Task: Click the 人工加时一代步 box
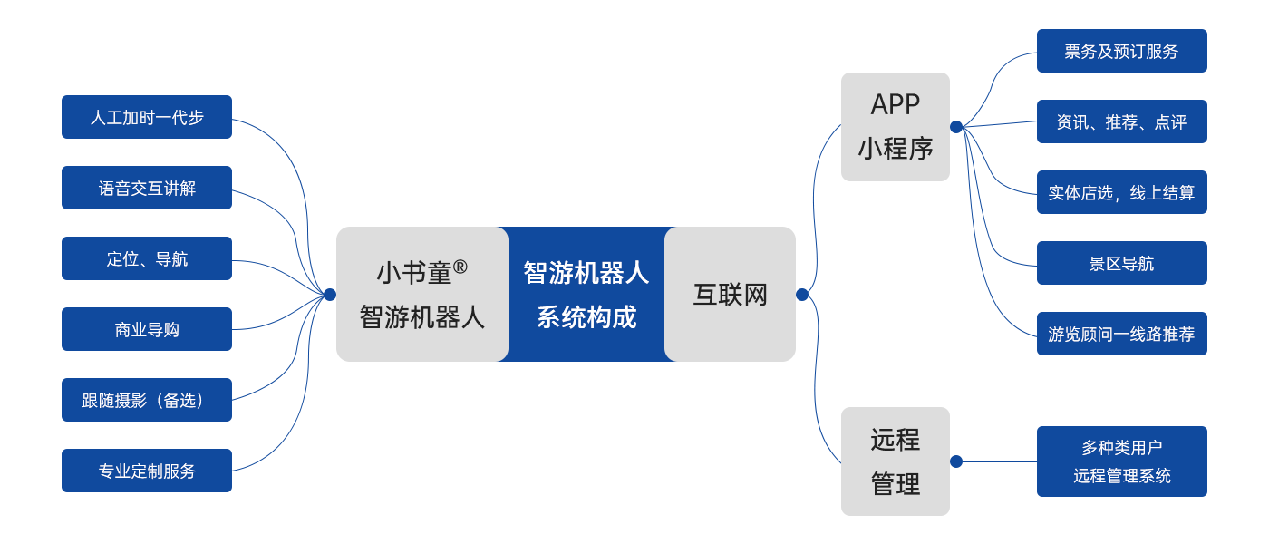[146, 117]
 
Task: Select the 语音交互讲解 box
[146, 188]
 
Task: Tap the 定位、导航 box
[146, 258]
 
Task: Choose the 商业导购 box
[146, 329]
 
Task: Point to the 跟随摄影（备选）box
[146, 400]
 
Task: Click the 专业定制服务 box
[146, 471]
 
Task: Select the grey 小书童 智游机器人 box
[421, 294]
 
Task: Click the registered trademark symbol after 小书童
[460, 267]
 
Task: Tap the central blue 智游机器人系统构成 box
[586, 294]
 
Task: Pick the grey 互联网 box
[731, 294]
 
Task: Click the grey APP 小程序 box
[895, 126]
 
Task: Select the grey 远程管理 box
[895, 461]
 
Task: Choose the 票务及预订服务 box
[1121, 51]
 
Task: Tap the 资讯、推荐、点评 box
[1121, 121]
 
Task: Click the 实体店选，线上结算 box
[1121, 192]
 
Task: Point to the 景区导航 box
[1121, 263]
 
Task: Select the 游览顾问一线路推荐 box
[1121, 334]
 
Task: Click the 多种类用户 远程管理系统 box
[1121, 461]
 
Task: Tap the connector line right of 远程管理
[997, 461]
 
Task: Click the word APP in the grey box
[895, 104]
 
